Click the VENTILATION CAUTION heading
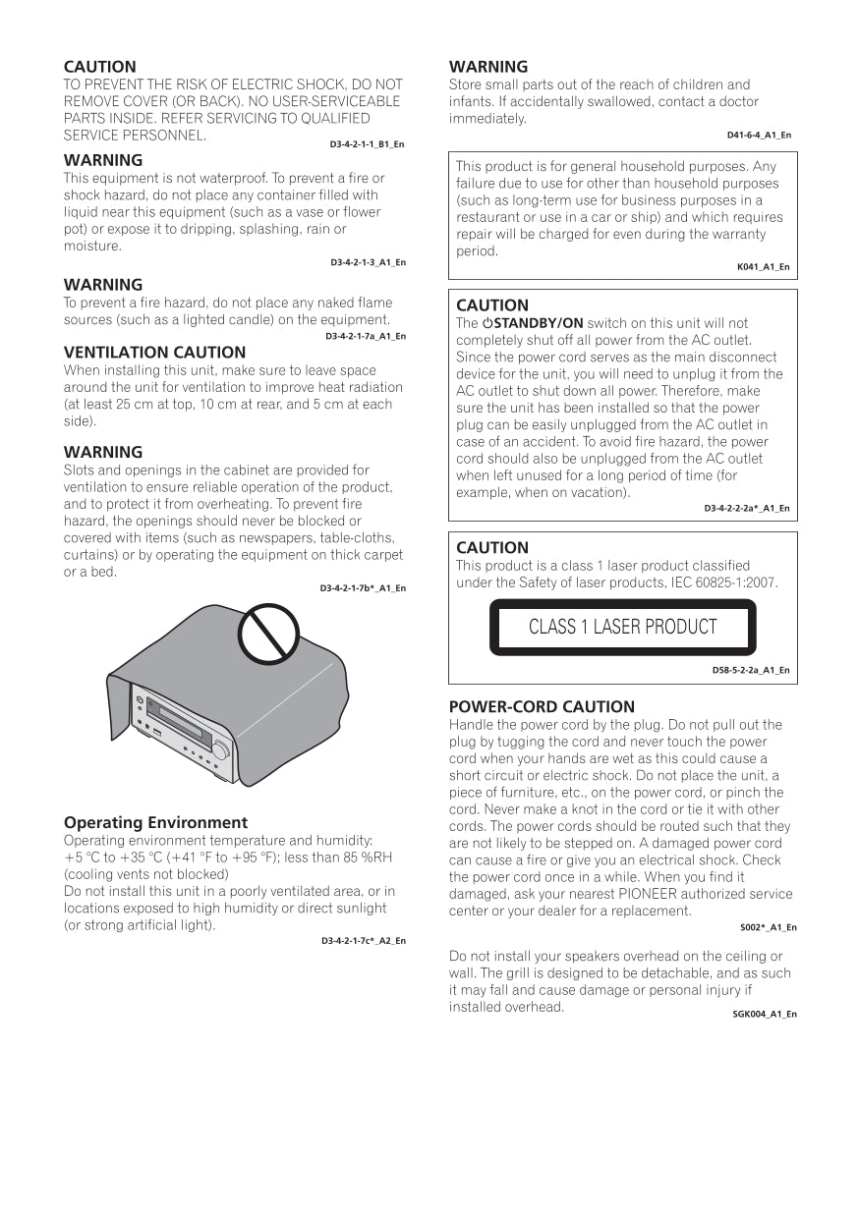(154, 353)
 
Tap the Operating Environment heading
(155, 823)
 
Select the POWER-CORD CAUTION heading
(542, 707)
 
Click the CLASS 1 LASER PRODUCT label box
(623, 627)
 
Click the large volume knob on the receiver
(221, 750)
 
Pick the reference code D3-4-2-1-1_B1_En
(367, 144)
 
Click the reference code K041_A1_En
(763, 267)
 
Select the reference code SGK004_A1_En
(765, 1014)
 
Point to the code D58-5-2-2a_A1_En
(751, 671)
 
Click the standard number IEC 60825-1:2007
(712, 582)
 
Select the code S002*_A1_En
(768, 927)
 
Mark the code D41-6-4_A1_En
(759, 136)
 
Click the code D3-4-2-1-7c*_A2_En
(363, 941)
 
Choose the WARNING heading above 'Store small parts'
(488, 68)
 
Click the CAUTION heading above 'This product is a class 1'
(492, 548)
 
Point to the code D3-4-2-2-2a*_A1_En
(746, 509)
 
